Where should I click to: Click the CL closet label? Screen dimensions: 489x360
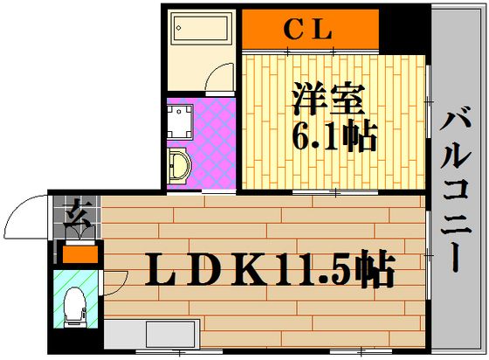pyautogui.click(x=307, y=30)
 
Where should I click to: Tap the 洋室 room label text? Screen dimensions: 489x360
pyautogui.click(x=328, y=100)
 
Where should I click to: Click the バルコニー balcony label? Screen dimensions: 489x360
pyautogui.click(x=456, y=189)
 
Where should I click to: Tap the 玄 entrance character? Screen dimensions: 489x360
pyautogui.click(x=78, y=215)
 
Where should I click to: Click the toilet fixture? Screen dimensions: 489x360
pyautogui.click(x=75, y=307)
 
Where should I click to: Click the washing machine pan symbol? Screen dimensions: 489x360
pyautogui.click(x=180, y=121)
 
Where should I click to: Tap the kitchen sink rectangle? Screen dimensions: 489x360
pyautogui.click(x=170, y=334)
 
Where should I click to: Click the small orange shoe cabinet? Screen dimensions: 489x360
pyautogui.click(x=80, y=254)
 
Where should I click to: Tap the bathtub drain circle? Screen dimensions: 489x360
pyautogui.click(x=179, y=28)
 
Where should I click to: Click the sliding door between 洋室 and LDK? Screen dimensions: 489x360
pyautogui.click(x=335, y=192)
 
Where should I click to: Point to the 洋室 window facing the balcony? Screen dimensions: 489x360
pyautogui.click(x=429, y=101)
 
